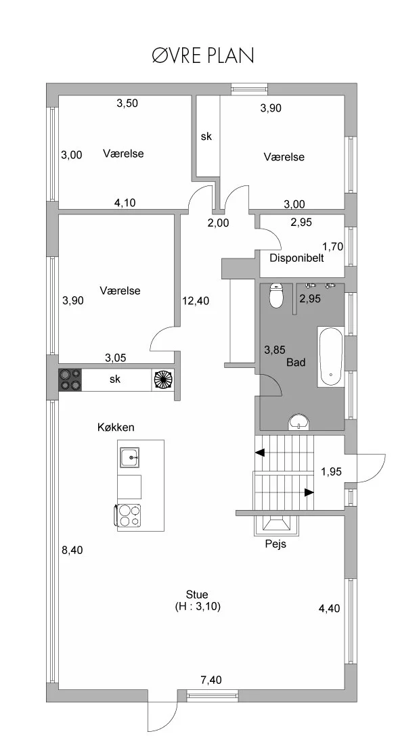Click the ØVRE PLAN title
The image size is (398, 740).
click(203, 55)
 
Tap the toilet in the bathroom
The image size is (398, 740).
click(275, 296)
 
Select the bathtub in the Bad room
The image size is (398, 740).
click(330, 356)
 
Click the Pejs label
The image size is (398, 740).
click(275, 544)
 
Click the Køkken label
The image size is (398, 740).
click(116, 427)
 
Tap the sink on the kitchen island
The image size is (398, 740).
click(129, 457)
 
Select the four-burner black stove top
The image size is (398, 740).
click(70, 379)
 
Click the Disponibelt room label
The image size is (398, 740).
click(296, 258)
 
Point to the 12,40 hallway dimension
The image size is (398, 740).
click(196, 300)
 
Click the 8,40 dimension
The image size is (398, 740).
click(72, 550)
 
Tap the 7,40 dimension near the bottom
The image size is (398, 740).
click(211, 680)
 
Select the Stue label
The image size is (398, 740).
click(198, 595)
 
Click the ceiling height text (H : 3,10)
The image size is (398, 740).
click(198, 607)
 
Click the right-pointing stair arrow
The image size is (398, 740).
click(309, 492)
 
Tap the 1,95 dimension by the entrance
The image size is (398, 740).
click(332, 471)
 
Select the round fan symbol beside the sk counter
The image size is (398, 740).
click(163, 379)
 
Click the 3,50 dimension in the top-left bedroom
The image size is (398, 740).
click(127, 103)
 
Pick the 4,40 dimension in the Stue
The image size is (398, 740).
click(329, 608)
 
